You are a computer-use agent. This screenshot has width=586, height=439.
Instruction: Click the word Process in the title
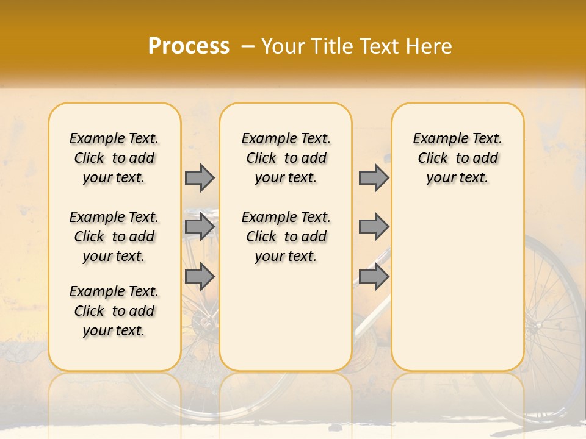(189, 46)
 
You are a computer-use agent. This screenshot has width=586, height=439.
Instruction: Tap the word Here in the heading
(429, 46)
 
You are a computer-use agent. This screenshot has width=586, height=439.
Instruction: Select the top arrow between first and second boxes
(200, 177)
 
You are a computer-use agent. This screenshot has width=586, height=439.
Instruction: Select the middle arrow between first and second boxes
(200, 227)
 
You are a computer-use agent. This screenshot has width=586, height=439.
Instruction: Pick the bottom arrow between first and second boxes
(200, 277)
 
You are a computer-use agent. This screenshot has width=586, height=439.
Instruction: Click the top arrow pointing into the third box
(374, 177)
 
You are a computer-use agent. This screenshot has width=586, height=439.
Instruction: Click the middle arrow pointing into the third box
(374, 227)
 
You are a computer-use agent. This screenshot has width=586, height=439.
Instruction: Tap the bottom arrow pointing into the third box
(374, 277)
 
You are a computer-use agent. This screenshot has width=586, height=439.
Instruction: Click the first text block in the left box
(114, 158)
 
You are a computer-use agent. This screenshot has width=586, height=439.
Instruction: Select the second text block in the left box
(114, 237)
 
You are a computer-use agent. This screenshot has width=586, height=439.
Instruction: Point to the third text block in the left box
(114, 311)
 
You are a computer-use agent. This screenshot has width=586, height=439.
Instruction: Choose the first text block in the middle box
(286, 158)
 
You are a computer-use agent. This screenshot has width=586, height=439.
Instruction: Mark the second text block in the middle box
(286, 237)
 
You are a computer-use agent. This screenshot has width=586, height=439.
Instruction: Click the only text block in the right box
(458, 158)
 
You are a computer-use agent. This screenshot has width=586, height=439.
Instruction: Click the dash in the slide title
(248, 46)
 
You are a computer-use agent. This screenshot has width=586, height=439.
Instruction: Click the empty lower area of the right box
(458, 293)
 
